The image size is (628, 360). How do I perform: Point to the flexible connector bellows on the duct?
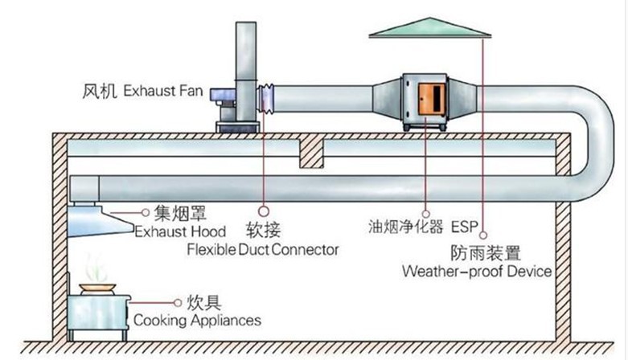(x=266, y=101)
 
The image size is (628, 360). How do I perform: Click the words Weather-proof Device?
(x=478, y=271)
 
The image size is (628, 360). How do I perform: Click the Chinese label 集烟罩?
(x=179, y=214)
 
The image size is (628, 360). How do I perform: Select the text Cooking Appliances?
(x=196, y=320)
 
